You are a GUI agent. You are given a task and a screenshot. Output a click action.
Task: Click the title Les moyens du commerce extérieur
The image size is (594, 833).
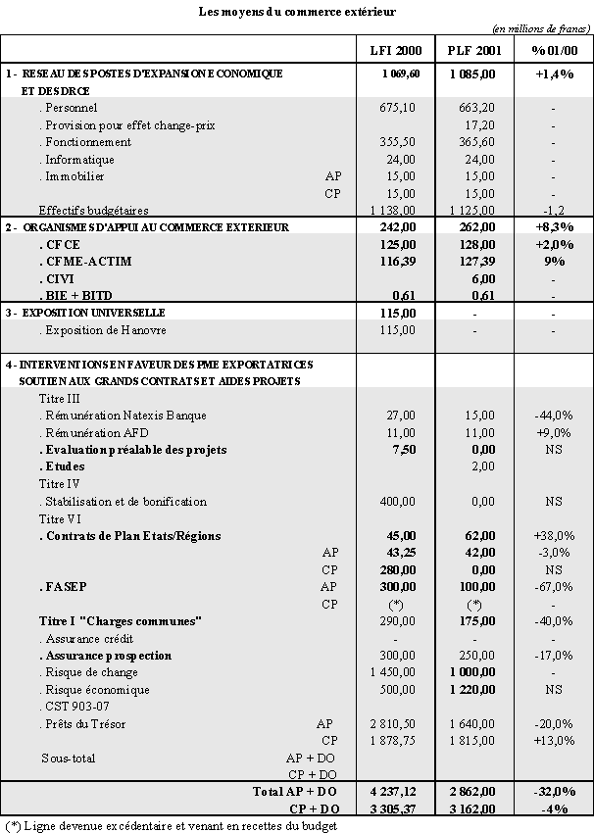pyautogui.click(x=296, y=11)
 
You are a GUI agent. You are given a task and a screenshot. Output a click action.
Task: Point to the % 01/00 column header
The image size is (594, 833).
pyautogui.click(x=554, y=50)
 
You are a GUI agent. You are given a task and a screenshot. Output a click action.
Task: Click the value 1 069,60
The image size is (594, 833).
pyautogui.click(x=401, y=73)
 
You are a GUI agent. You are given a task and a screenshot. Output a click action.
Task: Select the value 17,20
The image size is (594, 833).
pyautogui.click(x=479, y=124)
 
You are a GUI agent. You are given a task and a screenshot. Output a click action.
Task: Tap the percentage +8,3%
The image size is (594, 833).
pyautogui.click(x=554, y=227)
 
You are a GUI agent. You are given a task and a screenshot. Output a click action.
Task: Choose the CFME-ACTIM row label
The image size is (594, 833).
pyautogui.click(x=89, y=262)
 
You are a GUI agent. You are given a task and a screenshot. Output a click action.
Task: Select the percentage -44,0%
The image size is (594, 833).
pyautogui.click(x=555, y=416)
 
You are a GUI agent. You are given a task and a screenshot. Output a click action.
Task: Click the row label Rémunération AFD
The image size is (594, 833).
pyautogui.click(x=102, y=432)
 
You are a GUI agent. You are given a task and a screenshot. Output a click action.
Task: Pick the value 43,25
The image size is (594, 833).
pyautogui.click(x=403, y=553)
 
